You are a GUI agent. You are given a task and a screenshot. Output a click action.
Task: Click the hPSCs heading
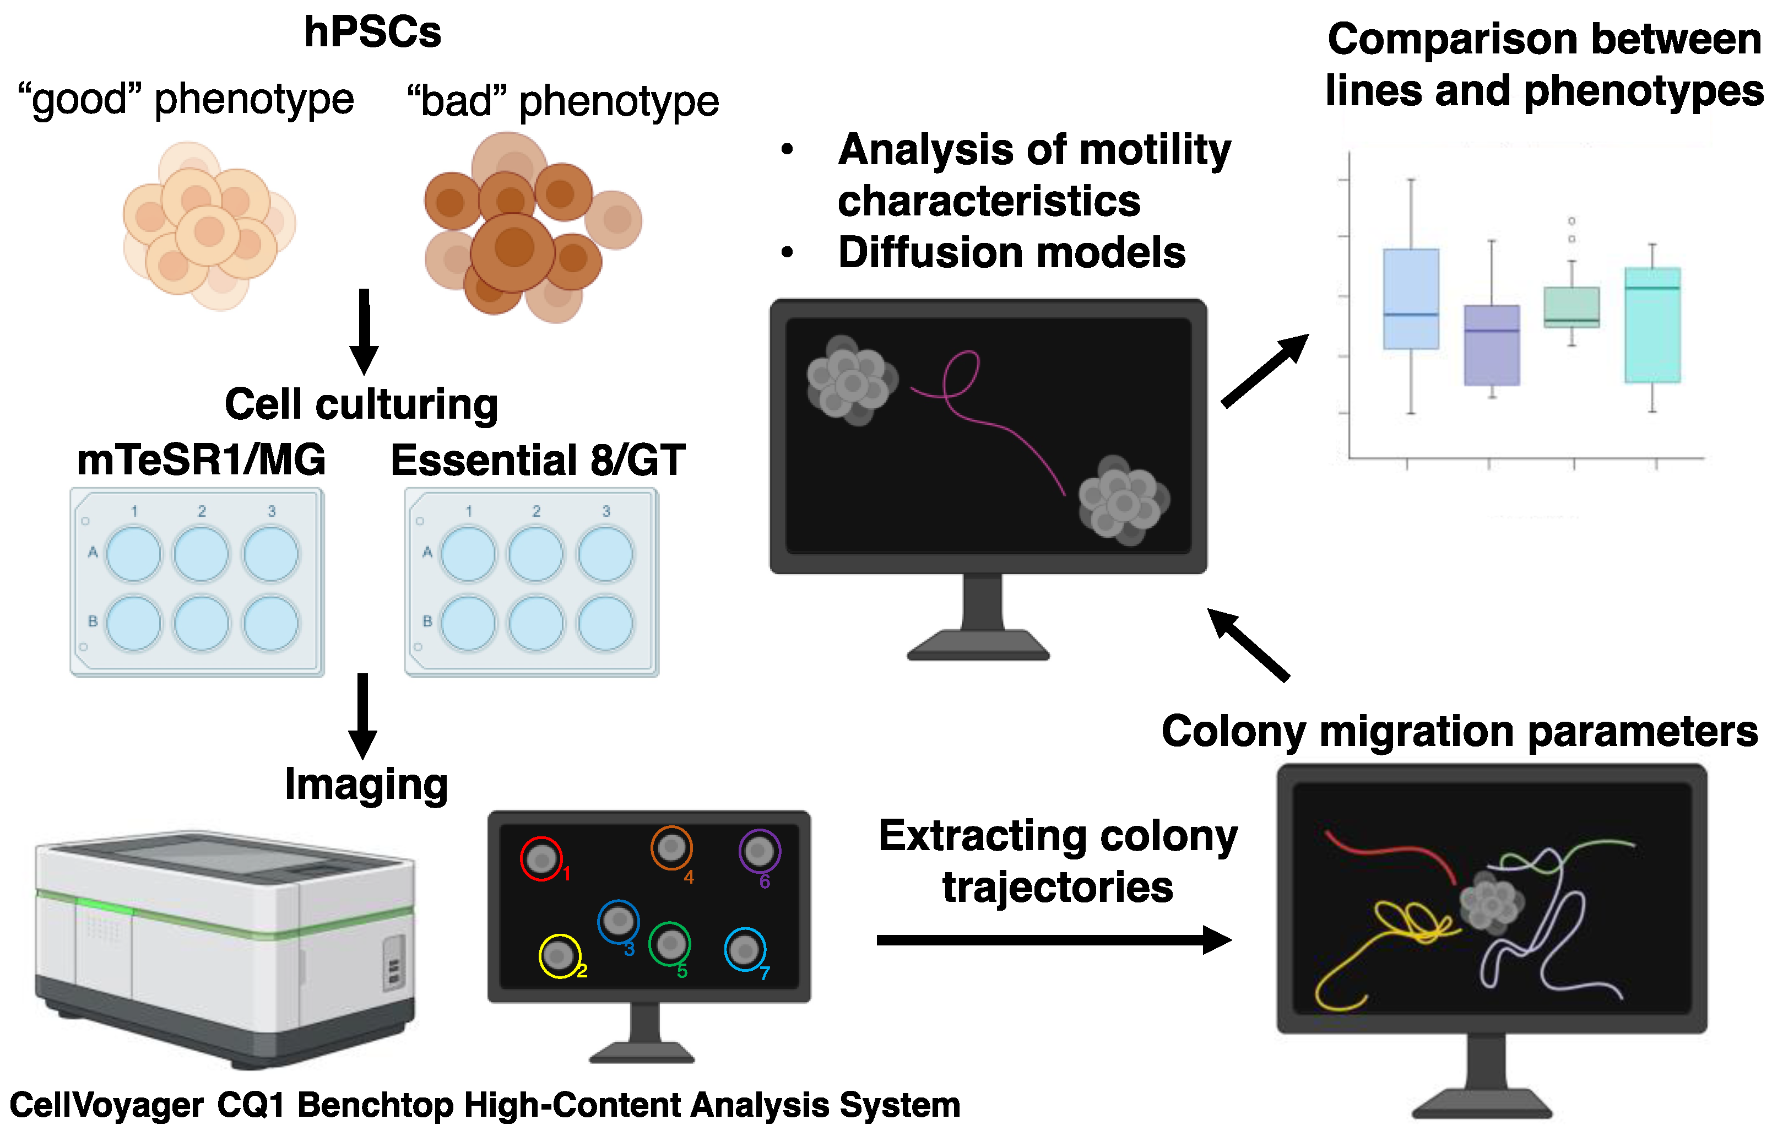tap(372, 33)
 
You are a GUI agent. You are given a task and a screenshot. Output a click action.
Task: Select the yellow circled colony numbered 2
tap(559, 956)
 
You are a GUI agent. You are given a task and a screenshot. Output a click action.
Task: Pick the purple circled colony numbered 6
tap(760, 851)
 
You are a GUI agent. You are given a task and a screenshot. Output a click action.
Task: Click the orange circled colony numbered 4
tap(671, 847)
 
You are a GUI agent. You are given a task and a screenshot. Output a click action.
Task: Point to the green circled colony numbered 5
tap(670, 944)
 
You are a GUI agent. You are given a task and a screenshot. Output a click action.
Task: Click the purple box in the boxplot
tap(1491, 345)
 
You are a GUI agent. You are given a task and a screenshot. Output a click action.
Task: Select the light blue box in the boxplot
tap(1411, 299)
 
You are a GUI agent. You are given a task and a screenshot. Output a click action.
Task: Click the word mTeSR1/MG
tap(200, 460)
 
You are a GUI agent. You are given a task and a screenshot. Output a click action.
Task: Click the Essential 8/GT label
tap(538, 461)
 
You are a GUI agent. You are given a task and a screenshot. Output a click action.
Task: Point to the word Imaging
tap(366, 785)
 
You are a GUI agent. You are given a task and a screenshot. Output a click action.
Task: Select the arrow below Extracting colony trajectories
tap(1052, 940)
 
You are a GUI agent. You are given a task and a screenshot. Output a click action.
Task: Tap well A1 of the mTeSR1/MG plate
tap(133, 554)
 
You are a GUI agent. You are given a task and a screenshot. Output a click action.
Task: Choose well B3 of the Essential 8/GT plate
tap(605, 624)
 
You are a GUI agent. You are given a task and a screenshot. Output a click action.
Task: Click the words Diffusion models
tap(1011, 253)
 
